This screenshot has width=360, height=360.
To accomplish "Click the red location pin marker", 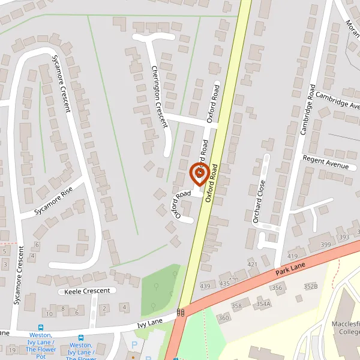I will click(x=199, y=174).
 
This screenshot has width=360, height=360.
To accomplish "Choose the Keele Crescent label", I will click(x=88, y=291).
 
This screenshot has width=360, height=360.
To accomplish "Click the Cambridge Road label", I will click(x=308, y=110).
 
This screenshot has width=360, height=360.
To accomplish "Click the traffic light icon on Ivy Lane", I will click(x=181, y=312).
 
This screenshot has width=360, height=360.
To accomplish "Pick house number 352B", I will click(x=310, y=286).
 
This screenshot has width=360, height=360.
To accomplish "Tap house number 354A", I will click(x=264, y=304).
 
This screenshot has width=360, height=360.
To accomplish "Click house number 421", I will click(x=252, y=265).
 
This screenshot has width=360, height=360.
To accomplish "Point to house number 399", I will click(x=326, y=245).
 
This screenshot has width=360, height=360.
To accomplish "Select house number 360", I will click(x=224, y=317).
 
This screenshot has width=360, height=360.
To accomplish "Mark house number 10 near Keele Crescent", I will click(x=49, y=314).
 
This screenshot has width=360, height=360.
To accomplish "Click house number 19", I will click(x=11, y=350).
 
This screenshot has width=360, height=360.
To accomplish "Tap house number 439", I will click(x=206, y=286).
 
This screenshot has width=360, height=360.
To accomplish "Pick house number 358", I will click(x=236, y=306).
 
